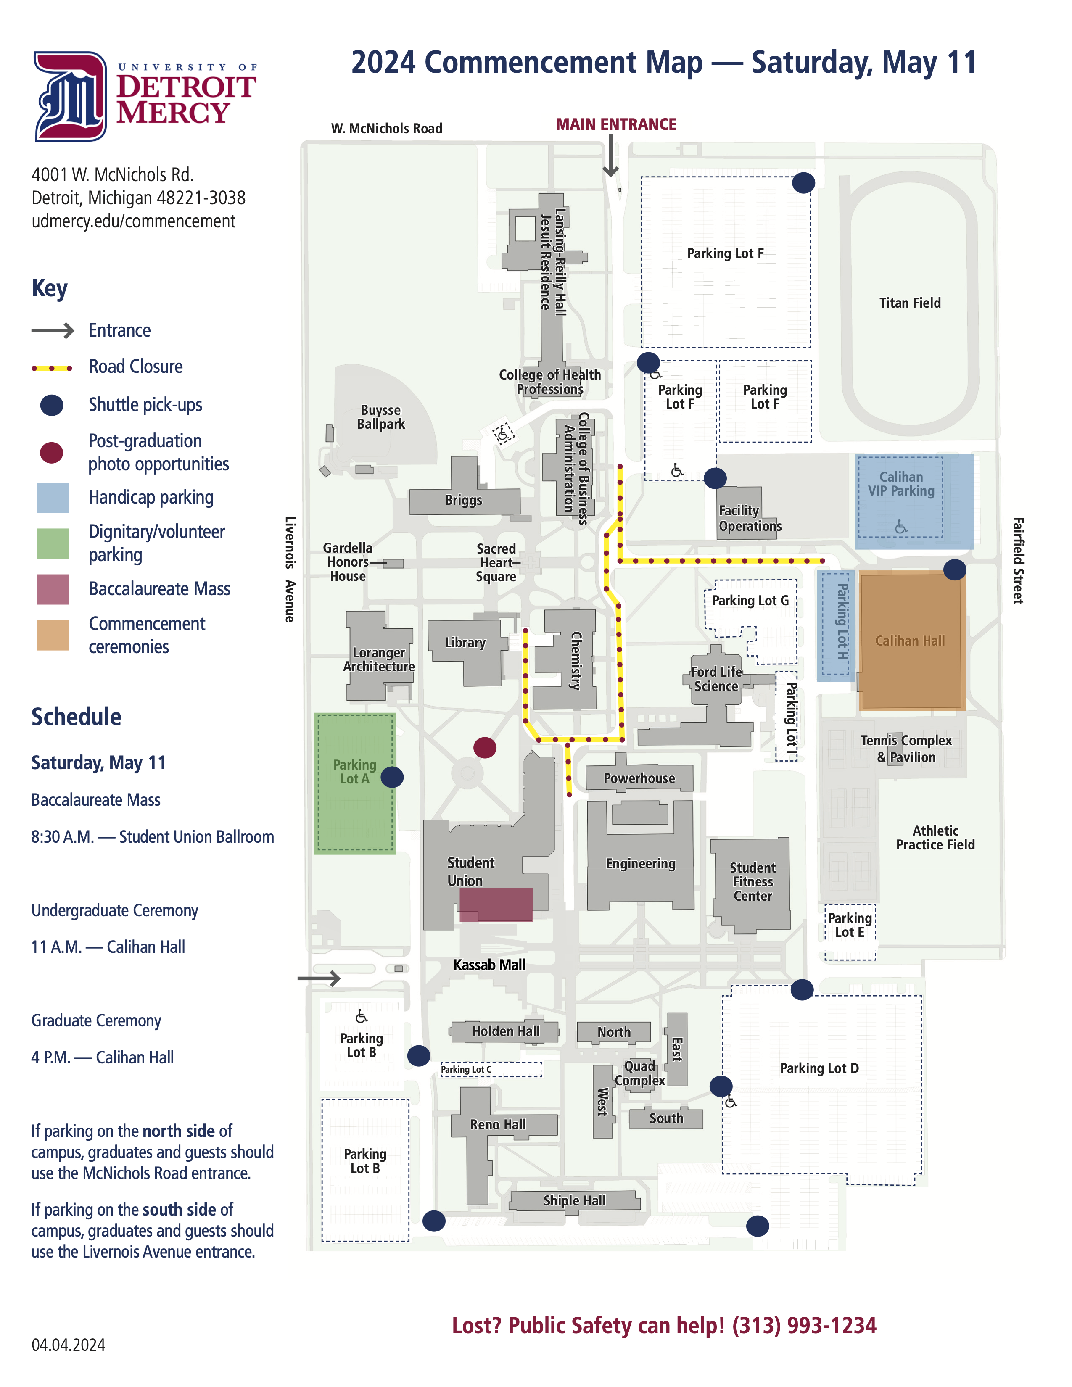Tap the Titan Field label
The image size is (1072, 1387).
point(909,303)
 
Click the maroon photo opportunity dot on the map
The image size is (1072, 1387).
point(485,747)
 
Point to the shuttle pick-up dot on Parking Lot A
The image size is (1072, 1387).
point(392,777)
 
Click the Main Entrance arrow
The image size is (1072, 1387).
point(610,156)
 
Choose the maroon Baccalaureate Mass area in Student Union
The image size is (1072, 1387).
point(496,904)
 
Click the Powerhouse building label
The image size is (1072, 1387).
point(639,778)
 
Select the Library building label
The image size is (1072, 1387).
point(465,643)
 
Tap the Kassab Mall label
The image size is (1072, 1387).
point(489,965)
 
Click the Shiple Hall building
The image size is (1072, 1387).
point(575,1201)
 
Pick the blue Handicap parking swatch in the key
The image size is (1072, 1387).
point(53,497)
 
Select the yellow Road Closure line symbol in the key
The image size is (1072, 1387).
point(52,368)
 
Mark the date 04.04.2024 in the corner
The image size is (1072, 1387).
point(69,1345)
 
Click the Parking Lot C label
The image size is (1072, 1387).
point(466,1070)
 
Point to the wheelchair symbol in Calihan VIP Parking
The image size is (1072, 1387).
point(900,527)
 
